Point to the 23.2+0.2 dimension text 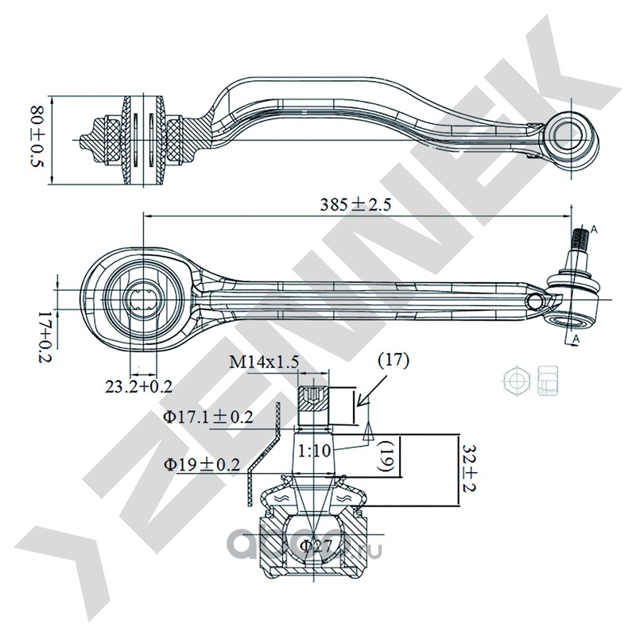pos(139,386)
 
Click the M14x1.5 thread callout pos(263,363)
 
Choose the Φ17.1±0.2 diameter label pos(209,416)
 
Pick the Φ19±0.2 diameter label pos(202,464)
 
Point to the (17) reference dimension pos(392,359)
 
